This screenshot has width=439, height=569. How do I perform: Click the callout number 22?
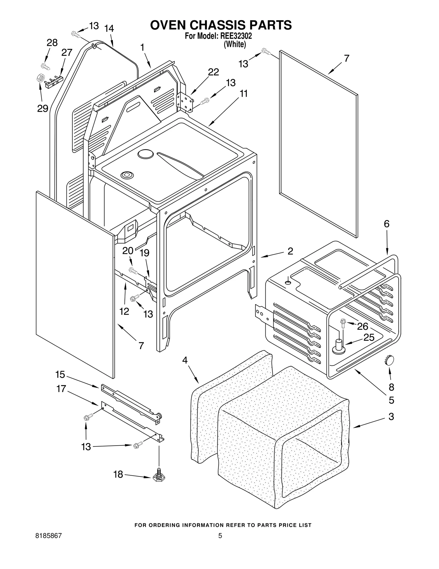(213, 72)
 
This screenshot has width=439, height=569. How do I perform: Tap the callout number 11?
(243, 94)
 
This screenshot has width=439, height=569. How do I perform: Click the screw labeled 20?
(133, 271)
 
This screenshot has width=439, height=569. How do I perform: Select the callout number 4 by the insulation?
(185, 360)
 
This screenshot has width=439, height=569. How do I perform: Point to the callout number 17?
(61, 389)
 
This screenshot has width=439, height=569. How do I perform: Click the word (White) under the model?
(235, 44)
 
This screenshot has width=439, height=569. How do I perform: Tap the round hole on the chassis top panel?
(145, 154)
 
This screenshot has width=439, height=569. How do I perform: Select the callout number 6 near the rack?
(386, 224)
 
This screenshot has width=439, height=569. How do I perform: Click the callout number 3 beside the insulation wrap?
(391, 417)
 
